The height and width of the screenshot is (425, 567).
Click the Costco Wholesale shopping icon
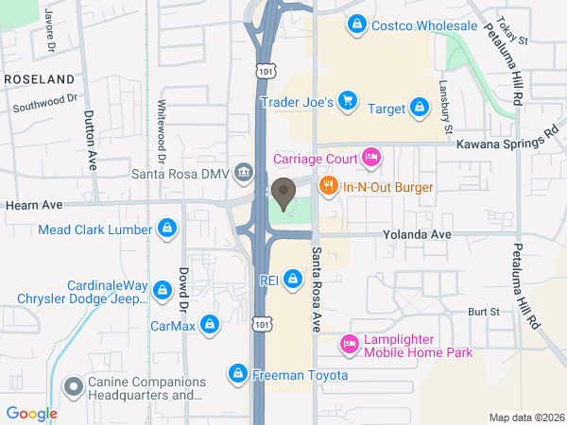[357, 25]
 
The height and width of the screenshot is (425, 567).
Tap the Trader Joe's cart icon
[348, 100]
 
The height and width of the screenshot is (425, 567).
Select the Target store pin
[419, 108]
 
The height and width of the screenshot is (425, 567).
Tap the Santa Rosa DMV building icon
[245, 172]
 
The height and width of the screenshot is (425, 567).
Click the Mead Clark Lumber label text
[94, 229]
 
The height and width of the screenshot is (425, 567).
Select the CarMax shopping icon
[210, 326]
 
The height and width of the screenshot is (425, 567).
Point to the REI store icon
[294, 280]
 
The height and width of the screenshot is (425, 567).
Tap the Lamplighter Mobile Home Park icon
[349, 345]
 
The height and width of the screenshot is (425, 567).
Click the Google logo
[31, 413]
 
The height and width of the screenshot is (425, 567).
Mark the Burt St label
[483, 312]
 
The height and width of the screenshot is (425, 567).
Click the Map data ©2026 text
[524, 417]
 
